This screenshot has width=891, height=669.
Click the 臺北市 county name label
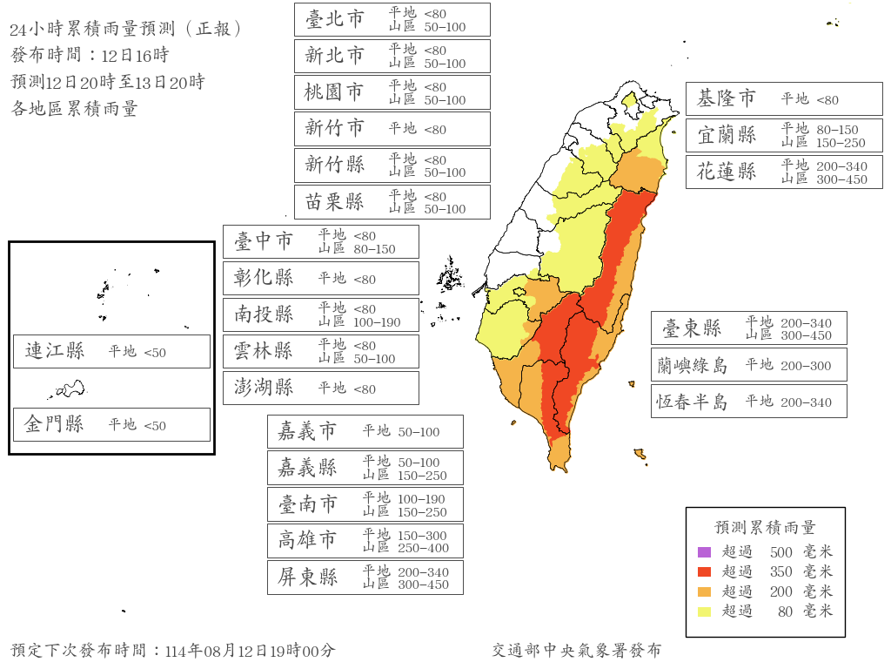pos(334,19)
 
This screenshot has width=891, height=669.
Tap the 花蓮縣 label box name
pos(726,172)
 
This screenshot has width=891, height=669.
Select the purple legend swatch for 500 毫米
pos(704,551)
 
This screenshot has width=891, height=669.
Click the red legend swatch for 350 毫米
pos(704,571)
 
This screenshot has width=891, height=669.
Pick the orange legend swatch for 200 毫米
pos(704,591)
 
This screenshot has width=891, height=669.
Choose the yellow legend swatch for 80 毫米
pos(704,612)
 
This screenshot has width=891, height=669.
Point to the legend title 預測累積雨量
pos(765,528)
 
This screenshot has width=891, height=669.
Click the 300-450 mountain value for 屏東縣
pos(423,585)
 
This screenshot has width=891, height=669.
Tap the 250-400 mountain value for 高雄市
pos(423,548)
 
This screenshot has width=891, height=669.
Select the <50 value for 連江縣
pos(155,353)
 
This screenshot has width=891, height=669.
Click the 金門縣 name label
pos(54,425)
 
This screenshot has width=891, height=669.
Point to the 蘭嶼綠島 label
pos(692,365)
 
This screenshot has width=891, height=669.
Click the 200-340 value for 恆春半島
pos(806,402)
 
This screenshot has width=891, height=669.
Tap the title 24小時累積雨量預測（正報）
pos(125,30)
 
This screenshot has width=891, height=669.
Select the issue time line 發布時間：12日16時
pos(90,56)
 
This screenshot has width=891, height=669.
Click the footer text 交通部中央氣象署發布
pos(576,651)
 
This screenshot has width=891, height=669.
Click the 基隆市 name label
pos(726,99)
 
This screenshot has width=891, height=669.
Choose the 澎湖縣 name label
pos(263,388)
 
